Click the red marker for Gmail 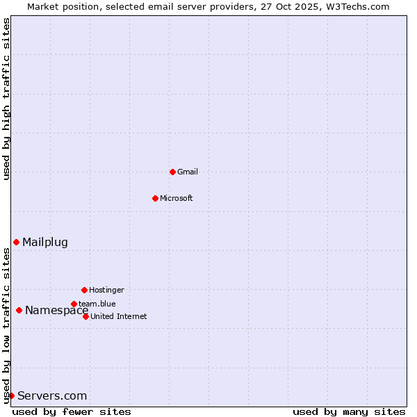pos(172,172)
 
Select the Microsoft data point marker pos(155,198)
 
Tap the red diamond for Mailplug pos(16,242)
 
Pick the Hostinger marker pos(84,290)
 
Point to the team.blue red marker pos(74,304)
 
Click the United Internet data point pos(85,316)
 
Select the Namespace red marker pos(19,310)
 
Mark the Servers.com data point pos(11,395)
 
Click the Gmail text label pos(188,172)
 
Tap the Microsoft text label pos(177,198)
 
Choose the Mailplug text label pos(45,242)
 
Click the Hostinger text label pos(106,290)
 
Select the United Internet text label pos(119,316)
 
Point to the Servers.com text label pos(52,395)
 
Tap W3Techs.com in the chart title pos(359,6)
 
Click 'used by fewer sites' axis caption pos(72,411)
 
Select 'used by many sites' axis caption pos(348,411)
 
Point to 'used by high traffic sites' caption pos(6,99)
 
